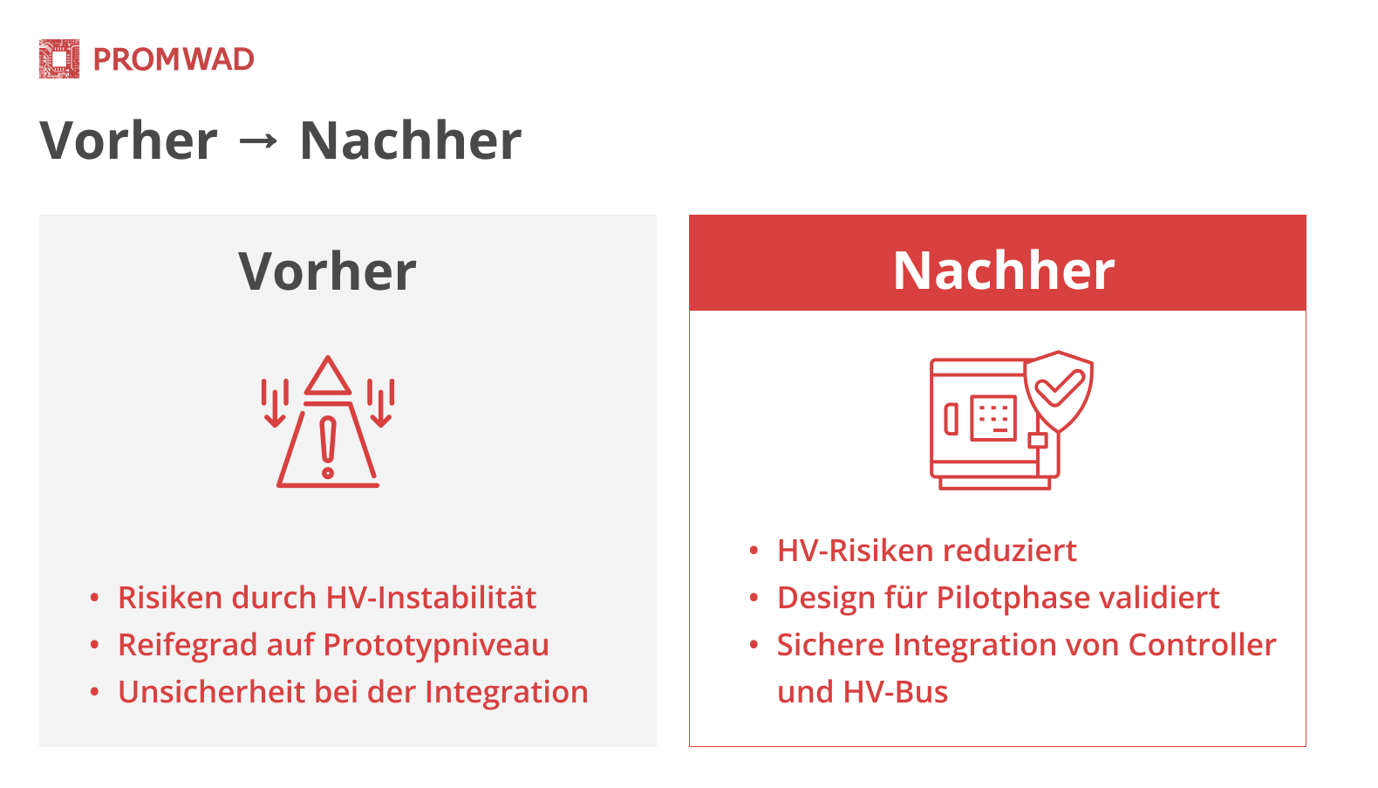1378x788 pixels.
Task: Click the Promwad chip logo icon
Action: pyautogui.click(x=59, y=59)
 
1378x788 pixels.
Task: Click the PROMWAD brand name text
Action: pyautogui.click(x=174, y=59)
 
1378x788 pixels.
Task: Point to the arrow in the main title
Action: pyautogui.click(x=258, y=141)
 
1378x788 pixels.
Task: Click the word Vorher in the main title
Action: pyautogui.click(x=128, y=141)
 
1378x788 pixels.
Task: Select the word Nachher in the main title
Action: pyautogui.click(x=410, y=141)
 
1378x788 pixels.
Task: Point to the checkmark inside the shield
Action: pyautogui.click(x=1060, y=387)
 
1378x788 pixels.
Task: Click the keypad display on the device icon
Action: pyautogui.click(x=993, y=419)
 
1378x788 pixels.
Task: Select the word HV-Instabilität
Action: pyautogui.click(x=431, y=598)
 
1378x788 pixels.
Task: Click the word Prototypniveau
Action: pyautogui.click(x=435, y=646)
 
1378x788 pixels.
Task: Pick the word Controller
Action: pyautogui.click(x=1202, y=645)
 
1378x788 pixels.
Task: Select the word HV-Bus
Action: pyautogui.click(x=895, y=692)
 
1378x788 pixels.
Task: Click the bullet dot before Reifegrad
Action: pyautogui.click(x=94, y=645)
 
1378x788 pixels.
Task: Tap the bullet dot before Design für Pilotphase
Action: pyautogui.click(x=754, y=597)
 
